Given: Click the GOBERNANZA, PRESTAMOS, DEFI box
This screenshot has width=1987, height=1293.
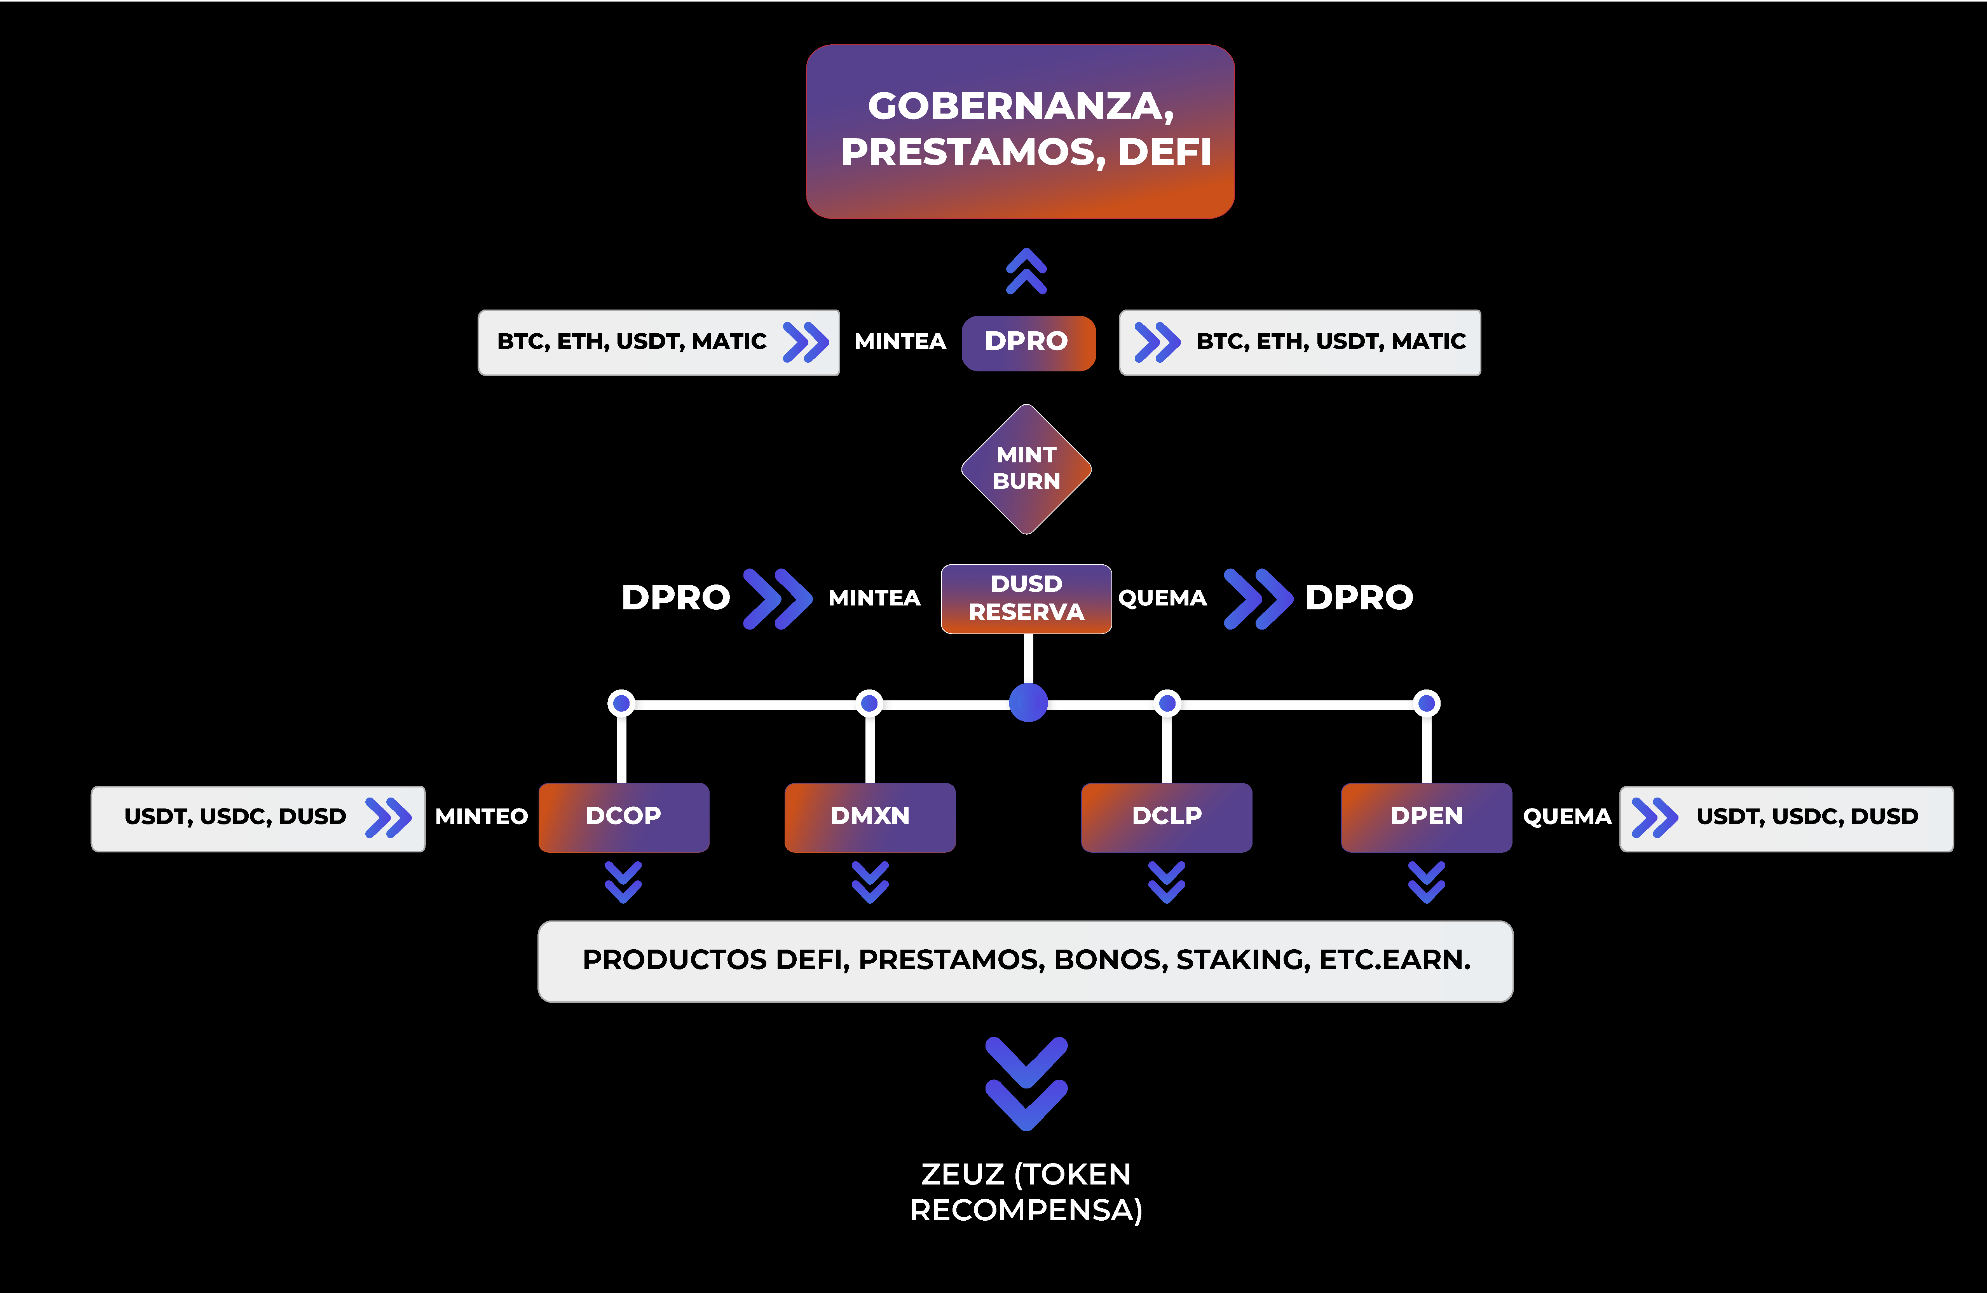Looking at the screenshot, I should [1020, 131].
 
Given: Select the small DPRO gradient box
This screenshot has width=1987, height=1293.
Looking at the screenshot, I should [1028, 342].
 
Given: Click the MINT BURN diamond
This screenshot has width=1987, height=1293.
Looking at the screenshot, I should [1026, 469].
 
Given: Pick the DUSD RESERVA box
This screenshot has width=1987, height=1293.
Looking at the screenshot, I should [1026, 598].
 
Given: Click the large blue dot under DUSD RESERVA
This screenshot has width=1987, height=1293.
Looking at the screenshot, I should [1028, 702].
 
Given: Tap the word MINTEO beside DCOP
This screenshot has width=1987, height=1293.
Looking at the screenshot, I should [482, 817].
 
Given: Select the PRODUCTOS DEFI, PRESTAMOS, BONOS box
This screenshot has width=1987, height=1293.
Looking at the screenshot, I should [1025, 961].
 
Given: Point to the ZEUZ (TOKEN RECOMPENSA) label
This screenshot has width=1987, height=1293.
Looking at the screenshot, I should [1026, 1192].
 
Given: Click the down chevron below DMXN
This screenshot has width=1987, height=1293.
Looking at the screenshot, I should [870, 882].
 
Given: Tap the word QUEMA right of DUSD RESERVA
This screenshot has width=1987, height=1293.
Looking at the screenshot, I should [1162, 598].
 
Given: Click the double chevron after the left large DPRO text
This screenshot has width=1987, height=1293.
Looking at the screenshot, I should [777, 598].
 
